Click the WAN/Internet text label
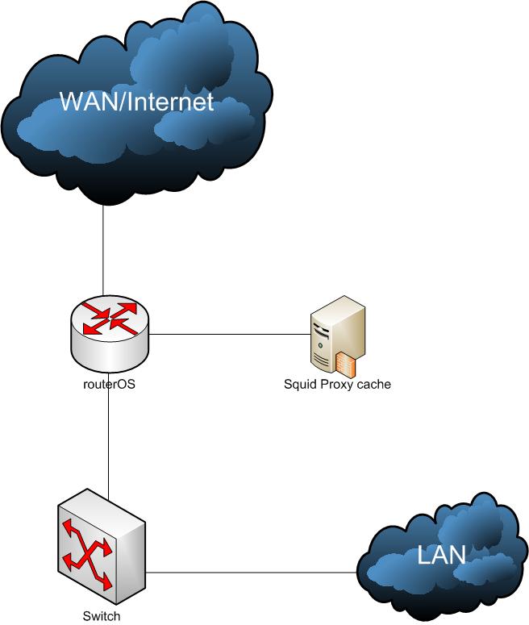pyautogui.click(x=138, y=102)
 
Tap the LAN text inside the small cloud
pyautogui.click(x=440, y=555)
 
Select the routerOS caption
pyautogui.click(x=109, y=385)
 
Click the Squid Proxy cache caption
pyautogui.click(x=337, y=385)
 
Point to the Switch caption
pyautogui.click(x=102, y=616)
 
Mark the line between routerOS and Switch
pyautogui.click(x=109, y=444)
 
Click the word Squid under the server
pyautogui.click(x=299, y=385)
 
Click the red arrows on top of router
pyautogui.click(x=110, y=317)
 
